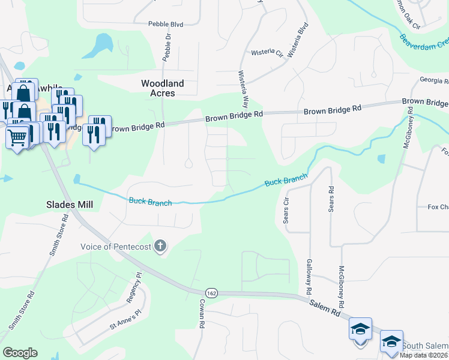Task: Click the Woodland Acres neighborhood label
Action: (162, 88)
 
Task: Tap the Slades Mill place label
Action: (70, 205)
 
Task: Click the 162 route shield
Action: (211, 292)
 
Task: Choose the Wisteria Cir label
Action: (267, 53)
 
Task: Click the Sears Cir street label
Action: (286, 209)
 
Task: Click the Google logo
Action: (20, 353)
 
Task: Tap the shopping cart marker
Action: (17, 138)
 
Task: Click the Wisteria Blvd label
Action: (298, 40)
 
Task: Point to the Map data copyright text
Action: (423, 355)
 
